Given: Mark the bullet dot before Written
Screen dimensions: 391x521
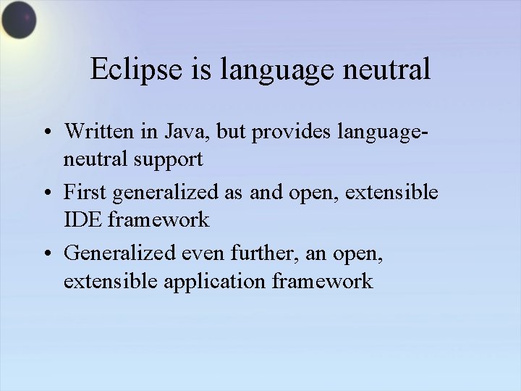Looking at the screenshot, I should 46,133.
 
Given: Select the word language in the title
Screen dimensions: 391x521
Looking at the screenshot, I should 279,71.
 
